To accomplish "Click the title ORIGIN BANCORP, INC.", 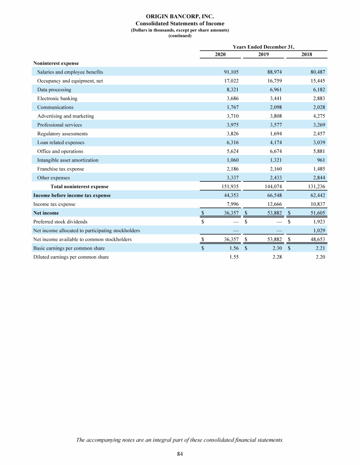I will point(180,16).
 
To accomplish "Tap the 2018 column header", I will point(306,55).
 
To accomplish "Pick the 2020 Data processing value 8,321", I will point(232,90).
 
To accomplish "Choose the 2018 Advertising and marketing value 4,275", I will point(317,116).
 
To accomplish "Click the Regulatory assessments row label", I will point(62,134).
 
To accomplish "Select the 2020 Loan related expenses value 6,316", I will point(232,142).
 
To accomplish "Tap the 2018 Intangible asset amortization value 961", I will point(320,160).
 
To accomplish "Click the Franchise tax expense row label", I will point(60,169).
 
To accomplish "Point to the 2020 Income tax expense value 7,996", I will point(232,204).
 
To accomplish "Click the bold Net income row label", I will point(46,213).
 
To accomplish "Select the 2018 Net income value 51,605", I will point(316,213).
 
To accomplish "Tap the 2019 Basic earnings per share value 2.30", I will point(277,248).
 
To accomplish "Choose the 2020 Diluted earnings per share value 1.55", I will point(234,257).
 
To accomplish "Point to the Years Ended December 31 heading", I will point(263,46).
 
